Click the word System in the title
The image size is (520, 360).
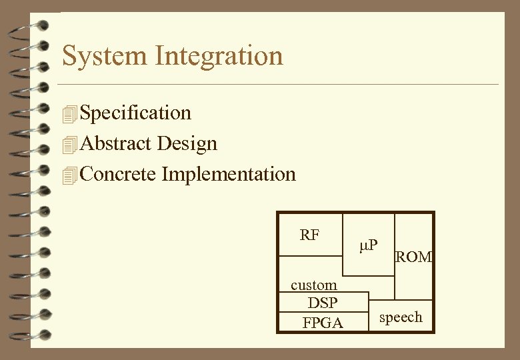(x=105, y=55)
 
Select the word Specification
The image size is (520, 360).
(x=135, y=113)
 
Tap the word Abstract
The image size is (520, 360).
(x=115, y=143)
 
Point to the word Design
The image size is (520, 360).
(x=187, y=143)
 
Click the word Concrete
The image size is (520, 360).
(x=118, y=174)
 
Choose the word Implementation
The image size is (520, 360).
(x=229, y=175)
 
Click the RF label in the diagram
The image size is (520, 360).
(x=309, y=235)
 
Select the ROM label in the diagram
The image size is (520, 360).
(x=414, y=257)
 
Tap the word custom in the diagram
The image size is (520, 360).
(x=313, y=285)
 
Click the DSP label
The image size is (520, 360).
(x=323, y=303)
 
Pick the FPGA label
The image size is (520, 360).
(x=323, y=323)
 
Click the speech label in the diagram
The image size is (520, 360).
(x=401, y=317)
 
